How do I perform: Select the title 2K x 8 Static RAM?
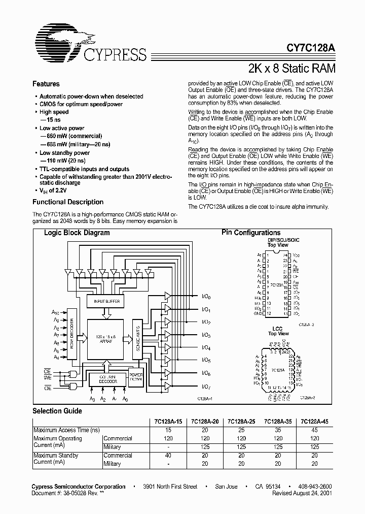[x=291, y=68]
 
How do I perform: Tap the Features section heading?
[x=46, y=84]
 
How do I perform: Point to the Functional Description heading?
[x=68, y=202]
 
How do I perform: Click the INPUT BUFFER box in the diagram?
[x=105, y=302]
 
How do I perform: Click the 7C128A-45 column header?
[x=314, y=421]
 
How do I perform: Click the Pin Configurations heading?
[x=251, y=233]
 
